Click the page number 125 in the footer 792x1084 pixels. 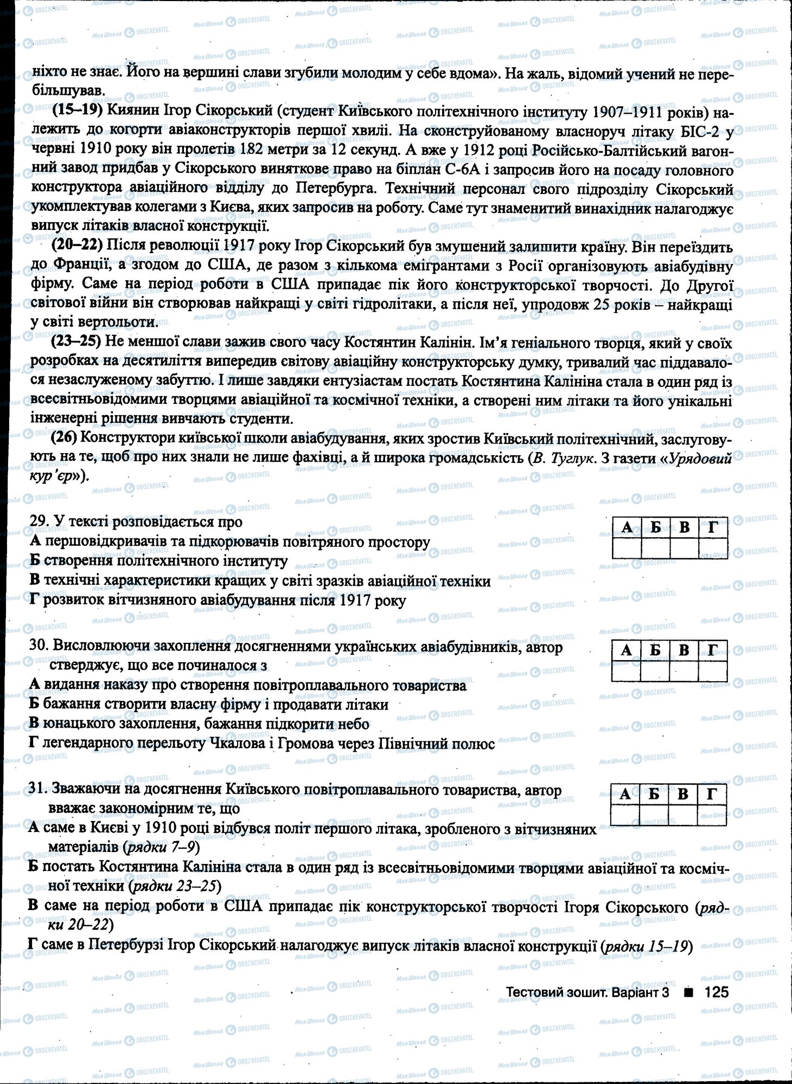pyautogui.click(x=716, y=992)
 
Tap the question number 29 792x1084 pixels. pyautogui.click(x=37, y=521)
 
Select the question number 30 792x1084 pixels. pyautogui.click(x=37, y=647)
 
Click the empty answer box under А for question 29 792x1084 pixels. pyautogui.click(x=627, y=549)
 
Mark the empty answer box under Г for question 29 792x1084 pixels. pyautogui.click(x=713, y=549)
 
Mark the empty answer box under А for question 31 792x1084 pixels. pyautogui.click(x=625, y=815)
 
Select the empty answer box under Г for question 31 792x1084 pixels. pyautogui.click(x=712, y=815)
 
